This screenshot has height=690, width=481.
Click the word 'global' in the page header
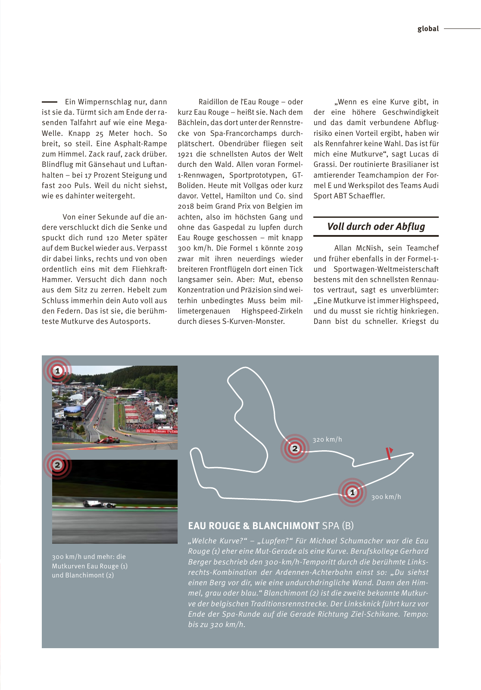[x=428, y=29]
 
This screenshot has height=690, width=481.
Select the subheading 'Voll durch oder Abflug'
[x=376, y=226]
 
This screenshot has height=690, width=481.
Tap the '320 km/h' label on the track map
[x=327, y=439]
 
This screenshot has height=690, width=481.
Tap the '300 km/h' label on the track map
[x=386, y=497]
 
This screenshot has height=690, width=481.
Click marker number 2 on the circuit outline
[x=295, y=448]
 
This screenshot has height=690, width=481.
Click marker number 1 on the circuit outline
[x=352, y=492]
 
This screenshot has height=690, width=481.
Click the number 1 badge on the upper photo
[x=57, y=371]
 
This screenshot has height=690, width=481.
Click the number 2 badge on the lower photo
[x=57, y=465]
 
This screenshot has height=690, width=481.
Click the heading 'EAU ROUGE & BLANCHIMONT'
[x=253, y=526]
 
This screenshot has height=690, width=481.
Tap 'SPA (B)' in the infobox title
[x=338, y=526]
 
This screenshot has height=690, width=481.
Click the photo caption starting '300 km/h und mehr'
[x=90, y=566]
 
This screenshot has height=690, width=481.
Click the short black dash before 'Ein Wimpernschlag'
[x=49, y=102]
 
